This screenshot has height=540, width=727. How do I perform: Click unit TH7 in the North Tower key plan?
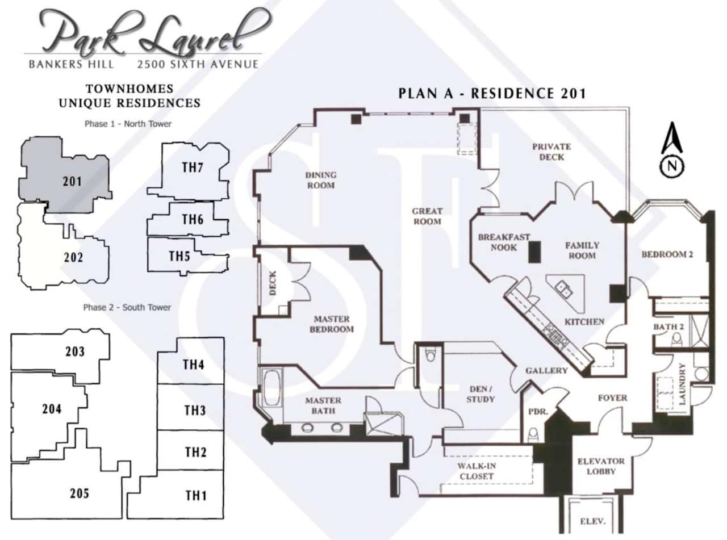click(193, 169)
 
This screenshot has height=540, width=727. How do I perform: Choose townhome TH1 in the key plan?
click(195, 495)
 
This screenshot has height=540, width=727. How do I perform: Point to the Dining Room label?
click(321, 180)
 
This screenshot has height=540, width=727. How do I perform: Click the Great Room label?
click(427, 216)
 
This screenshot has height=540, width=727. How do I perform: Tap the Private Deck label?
click(551, 151)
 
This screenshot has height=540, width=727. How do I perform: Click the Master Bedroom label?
click(332, 324)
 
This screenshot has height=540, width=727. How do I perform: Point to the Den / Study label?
click(480, 394)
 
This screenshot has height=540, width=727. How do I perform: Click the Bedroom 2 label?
click(667, 254)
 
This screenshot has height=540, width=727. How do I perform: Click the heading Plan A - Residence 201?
click(491, 93)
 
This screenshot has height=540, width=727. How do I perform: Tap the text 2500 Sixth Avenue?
click(197, 65)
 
